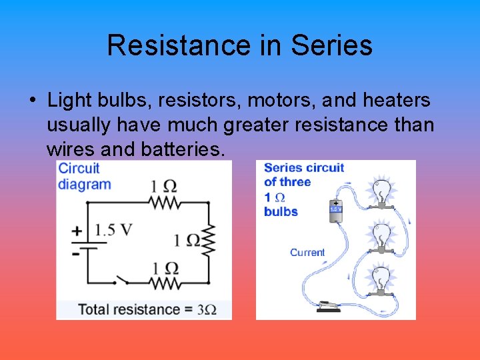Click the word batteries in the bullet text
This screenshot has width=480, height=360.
181,149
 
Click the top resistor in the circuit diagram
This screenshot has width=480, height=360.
163,202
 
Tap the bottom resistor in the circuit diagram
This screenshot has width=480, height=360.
163,283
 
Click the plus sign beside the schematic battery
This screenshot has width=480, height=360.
77,231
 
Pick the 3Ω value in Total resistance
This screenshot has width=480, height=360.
207,309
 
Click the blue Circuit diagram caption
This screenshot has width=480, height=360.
83,176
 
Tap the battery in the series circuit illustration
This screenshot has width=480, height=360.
335,211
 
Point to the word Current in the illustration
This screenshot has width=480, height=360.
307,253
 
